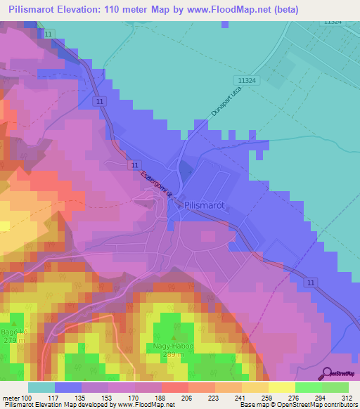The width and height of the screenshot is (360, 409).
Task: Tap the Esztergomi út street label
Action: [x=157, y=185]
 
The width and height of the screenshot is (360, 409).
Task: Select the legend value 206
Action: [x=174, y=397]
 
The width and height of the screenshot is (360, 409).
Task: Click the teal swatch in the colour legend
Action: [x=41, y=387]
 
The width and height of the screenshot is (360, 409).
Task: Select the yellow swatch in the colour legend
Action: [x=282, y=387]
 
